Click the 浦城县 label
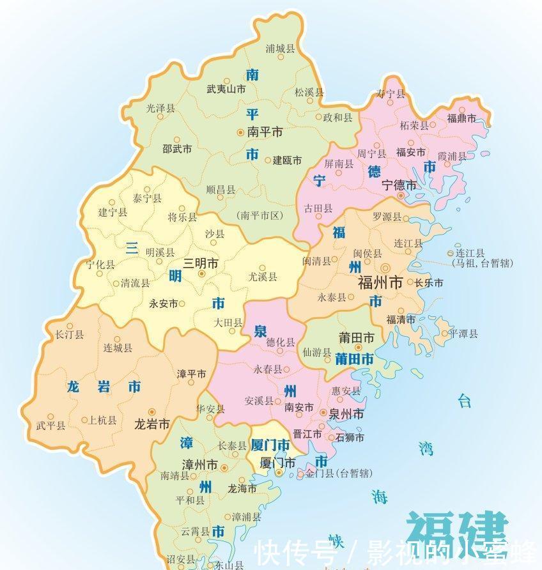click(280, 49)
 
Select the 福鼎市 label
click(461, 118)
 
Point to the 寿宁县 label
click(391, 94)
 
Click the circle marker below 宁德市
click(401, 196)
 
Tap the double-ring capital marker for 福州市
click(385, 268)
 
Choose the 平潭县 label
click(463, 334)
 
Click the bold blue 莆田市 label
click(354, 360)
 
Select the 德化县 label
click(281, 343)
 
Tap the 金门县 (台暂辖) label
click(339, 474)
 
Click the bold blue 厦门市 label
click(271, 445)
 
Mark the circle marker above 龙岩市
click(151, 412)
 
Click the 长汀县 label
click(70, 334)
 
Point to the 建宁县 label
click(112, 212)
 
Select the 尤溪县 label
click(263, 277)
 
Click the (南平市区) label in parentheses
click(259, 215)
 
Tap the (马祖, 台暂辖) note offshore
click(476, 263)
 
